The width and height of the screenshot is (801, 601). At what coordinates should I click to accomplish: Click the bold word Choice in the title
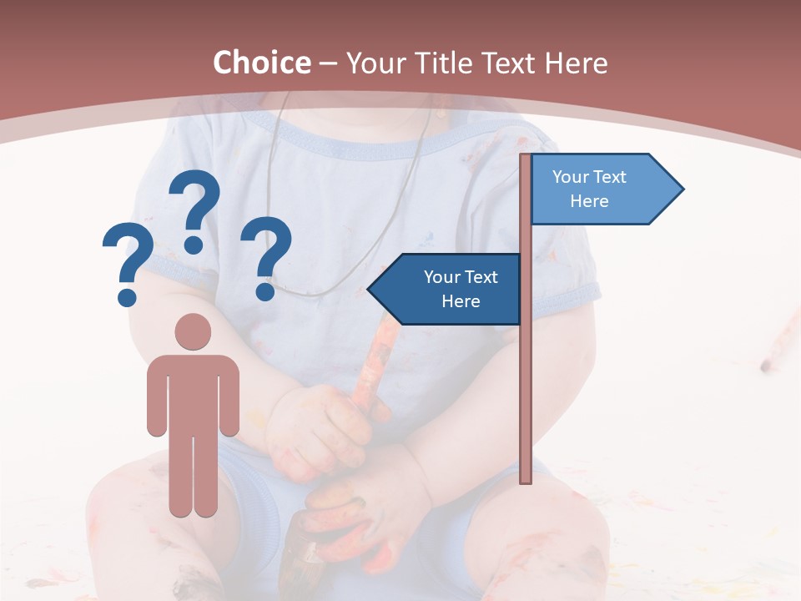(261, 63)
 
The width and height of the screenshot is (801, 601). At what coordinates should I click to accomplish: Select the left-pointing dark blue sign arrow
(447, 289)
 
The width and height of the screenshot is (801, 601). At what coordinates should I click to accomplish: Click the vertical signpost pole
(526, 376)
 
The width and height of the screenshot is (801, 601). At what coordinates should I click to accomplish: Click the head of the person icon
(193, 331)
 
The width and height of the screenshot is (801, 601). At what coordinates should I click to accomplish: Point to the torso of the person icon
(193, 392)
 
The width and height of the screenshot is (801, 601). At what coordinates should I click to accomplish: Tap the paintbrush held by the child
(367, 367)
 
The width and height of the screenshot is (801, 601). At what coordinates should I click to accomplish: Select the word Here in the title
(577, 63)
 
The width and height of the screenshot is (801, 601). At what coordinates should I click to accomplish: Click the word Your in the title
(374, 63)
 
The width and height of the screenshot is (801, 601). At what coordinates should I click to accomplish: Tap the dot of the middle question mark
(194, 245)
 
